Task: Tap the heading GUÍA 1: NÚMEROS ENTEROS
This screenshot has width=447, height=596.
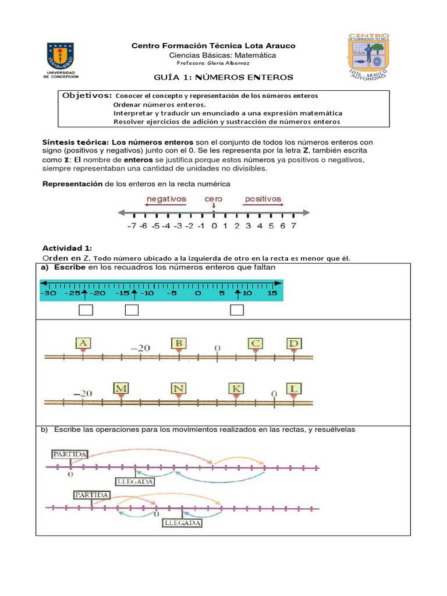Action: pos(223,77)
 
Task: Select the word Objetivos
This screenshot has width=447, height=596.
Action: pos(87,95)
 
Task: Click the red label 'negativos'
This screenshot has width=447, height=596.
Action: pos(166,199)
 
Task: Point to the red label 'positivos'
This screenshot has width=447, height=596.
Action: pos(263,199)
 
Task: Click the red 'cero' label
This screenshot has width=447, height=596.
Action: pos(214,199)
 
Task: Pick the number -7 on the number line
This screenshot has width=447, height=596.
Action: pos(132,226)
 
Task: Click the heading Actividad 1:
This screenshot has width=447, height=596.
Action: pos(67,248)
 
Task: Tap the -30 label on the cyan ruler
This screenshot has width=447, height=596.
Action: pos(49,293)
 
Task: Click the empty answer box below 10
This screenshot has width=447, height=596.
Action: pos(236,310)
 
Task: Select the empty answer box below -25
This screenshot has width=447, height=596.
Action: pos(86,310)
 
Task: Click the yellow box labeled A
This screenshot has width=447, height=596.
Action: pos(83,344)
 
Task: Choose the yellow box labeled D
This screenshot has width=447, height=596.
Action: pos(294,344)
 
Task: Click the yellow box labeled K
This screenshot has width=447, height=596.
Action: pos(236,388)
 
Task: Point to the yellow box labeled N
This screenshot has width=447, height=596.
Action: pos(179,388)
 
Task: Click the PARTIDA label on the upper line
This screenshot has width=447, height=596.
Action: pos(70,453)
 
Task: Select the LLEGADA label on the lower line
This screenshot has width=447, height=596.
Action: pos(182,523)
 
